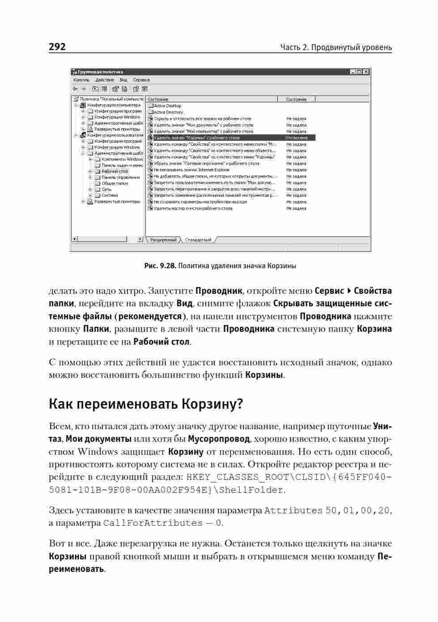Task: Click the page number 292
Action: pyautogui.click(x=57, y=47)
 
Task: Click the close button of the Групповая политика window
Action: pyautogui.click(x=366, y=72)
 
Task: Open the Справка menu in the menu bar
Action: pyautogui.click(x=141, y=80)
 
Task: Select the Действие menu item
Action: pyautogui.click(x=105, y=80)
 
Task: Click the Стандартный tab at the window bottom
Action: pyautogui.click(x=198, y=240)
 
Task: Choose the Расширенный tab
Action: pyautogui.click(x=163, y=240)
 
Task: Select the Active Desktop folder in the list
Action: pyautogui.click(x=167, y=106)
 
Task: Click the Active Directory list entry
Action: pyautogui.click(x=168, y=112)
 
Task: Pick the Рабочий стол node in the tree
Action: pyautogui.click(x=115, y=171)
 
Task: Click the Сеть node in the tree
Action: pyautogui.click(x=106, y=190)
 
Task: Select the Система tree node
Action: pyautogui.click(x=110, y=195)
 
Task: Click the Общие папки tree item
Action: pyautogui.click(x=115, y=183)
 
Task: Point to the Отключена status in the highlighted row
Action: pyautogui.click(x=296, y=138)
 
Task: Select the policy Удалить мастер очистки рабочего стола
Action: pyautogui.click(x=193, y=208)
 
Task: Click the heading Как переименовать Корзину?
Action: pyautogui.click(x=145, y=404)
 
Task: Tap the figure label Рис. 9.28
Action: pyautogui.click(x=160, y=266)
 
